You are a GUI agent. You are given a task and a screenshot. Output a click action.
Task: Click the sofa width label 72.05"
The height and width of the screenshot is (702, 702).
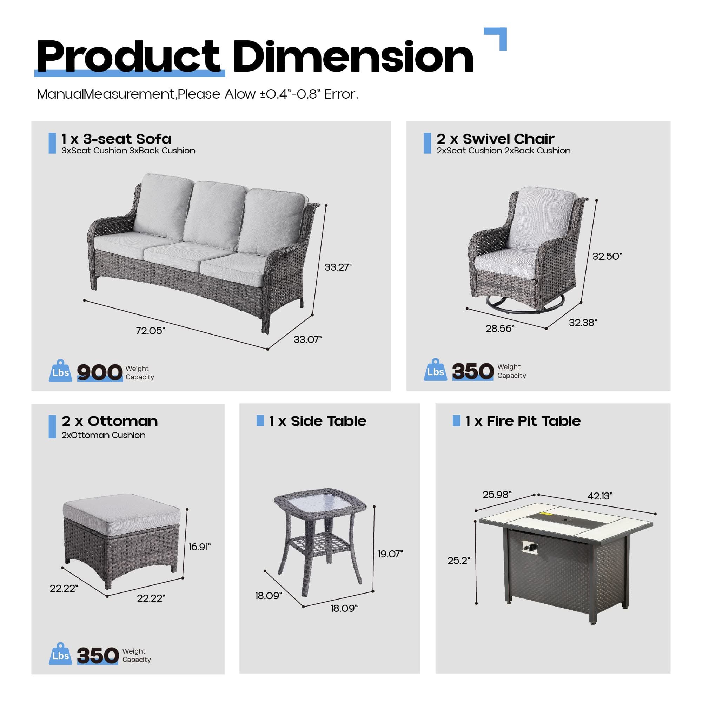tap(150, 331)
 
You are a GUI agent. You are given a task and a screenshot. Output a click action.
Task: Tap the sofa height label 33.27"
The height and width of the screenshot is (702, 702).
tap(338, 267)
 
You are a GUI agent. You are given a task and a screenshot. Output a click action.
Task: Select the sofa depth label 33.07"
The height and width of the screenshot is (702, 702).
tap(307, 339)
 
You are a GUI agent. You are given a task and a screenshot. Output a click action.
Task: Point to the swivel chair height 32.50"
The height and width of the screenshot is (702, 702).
tap(607, 256)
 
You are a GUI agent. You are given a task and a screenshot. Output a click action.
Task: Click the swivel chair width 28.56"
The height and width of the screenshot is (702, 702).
tap(499, 329)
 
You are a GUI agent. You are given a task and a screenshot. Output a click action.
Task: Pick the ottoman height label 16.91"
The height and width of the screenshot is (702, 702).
tap(199, 547)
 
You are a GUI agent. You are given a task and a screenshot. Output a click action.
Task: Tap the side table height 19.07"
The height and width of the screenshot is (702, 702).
tap(390, 554)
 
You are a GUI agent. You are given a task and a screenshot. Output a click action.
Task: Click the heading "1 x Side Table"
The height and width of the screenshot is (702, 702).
tap(318, 421)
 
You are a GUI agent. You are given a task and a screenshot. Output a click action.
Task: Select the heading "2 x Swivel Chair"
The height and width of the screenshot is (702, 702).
tap(495, 139)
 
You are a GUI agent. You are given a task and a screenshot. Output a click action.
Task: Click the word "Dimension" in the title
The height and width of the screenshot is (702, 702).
tap(353, 57)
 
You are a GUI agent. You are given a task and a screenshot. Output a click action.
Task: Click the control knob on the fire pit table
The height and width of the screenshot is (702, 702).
tap(528, 546)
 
